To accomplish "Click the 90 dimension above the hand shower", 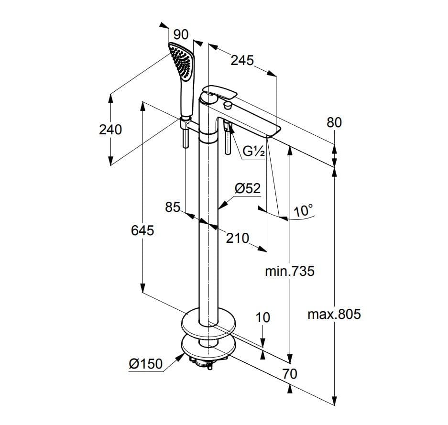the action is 181,35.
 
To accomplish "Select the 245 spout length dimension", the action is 242,60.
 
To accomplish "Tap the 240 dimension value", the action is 110,130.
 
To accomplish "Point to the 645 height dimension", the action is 142,230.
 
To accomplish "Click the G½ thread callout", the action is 254,151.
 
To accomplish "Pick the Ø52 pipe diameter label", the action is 248,188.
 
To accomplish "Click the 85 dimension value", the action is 173,207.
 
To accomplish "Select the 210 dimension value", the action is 238,238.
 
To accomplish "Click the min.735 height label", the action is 290,271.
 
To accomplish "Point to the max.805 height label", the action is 334,315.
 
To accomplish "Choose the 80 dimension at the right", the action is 334,122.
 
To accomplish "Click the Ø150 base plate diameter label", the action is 145,364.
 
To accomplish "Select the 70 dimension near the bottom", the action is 290,374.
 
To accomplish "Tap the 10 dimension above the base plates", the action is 263,317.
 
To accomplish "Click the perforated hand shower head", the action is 182,61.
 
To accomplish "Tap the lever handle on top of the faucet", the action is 220,92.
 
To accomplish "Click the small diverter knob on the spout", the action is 228,105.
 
